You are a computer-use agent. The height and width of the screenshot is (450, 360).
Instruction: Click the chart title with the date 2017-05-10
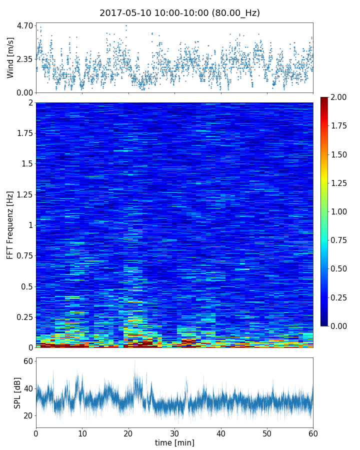click(179, 13)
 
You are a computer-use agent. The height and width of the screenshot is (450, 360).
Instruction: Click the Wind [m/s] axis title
click(10, 57)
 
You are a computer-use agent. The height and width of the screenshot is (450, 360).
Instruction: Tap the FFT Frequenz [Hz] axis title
click(10, 225)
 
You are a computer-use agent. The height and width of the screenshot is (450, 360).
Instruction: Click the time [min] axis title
click(174, 442)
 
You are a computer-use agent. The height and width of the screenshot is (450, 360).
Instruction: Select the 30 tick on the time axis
click(174, 433)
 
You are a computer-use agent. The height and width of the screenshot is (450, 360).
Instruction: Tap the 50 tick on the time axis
click(267, 433)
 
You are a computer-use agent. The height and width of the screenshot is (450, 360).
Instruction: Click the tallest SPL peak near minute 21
click(134, 361)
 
